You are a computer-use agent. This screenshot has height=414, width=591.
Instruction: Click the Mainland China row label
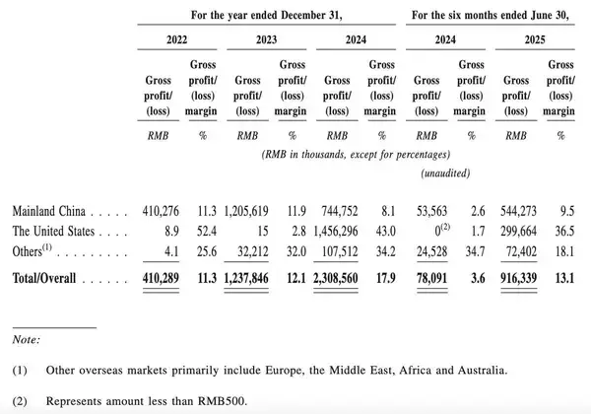click(x=50, y=212)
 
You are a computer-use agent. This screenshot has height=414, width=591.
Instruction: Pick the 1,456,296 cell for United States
click(x=342, y=232)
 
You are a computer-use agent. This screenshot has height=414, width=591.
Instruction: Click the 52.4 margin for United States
click(x=206, y=232)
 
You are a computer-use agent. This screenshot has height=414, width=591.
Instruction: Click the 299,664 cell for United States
click(x=526, y=232)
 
